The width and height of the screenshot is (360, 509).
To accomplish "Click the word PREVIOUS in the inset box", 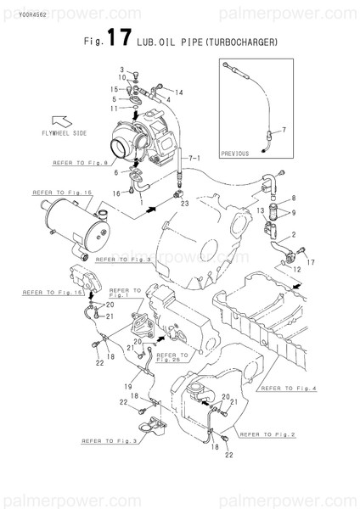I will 235,154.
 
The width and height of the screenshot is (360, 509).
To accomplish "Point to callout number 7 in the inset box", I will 284,129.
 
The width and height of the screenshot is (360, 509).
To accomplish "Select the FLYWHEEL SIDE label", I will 63,134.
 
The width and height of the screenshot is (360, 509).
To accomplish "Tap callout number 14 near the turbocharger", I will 180,92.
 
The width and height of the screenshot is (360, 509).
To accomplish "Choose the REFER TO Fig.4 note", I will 289,389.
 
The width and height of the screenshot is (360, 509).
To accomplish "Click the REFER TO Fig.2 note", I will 267,433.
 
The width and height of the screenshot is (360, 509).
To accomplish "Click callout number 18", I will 214,436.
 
